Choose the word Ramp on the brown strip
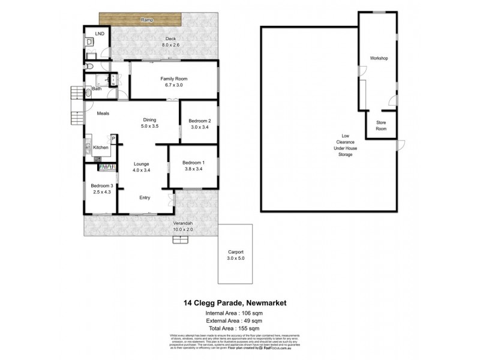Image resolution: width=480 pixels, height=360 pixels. (x=146, y=20)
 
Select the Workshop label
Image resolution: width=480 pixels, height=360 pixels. (x=380, y=58)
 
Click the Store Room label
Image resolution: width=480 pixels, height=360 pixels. (x=381, y=125)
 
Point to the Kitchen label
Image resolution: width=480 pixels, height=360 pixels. (x=100, y=148)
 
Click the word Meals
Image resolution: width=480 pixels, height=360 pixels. (x=103, y=114)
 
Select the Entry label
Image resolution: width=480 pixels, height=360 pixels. (x=145, y=197)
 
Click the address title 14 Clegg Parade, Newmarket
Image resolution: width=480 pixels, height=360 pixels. (x=240, y=304)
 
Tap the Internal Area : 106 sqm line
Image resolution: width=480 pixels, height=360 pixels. (x=240, y=313)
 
